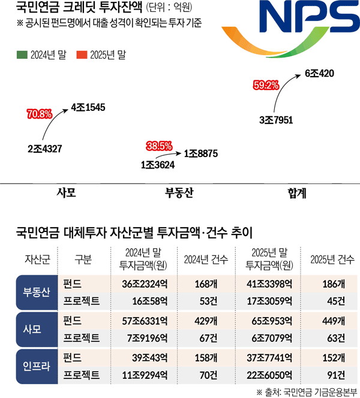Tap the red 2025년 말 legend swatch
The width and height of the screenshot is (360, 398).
[x=82, y=55]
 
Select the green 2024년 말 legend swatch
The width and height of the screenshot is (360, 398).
[x=22, y=55]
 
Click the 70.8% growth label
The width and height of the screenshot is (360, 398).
[x=40, y=114]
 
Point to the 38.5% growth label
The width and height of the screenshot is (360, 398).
[x=159, y=146]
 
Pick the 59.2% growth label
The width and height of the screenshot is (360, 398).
[x=266, y=85]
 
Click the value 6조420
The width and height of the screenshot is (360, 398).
[x=319, y=74]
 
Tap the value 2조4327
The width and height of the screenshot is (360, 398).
[x=45, y=149]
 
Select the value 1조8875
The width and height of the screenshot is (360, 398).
[x=201, y=153]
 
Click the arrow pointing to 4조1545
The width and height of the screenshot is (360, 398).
[x=51, y=119]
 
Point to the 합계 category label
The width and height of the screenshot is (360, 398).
[x=297, y=193]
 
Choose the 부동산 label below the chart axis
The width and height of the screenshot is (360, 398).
[x=179, y=192]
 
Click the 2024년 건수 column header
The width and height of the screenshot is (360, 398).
[x=206, y=260]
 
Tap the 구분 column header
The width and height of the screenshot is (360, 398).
[x=83, y=260]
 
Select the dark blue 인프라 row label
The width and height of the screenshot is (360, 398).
[x=37, y=366]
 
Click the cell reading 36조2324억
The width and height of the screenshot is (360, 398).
[x=145, y=284]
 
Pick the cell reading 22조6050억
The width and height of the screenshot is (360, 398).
[x=269, y=375]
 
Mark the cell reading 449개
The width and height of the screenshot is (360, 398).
[x=334, y=321]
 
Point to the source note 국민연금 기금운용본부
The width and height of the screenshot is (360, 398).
[x=320, y=393]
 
